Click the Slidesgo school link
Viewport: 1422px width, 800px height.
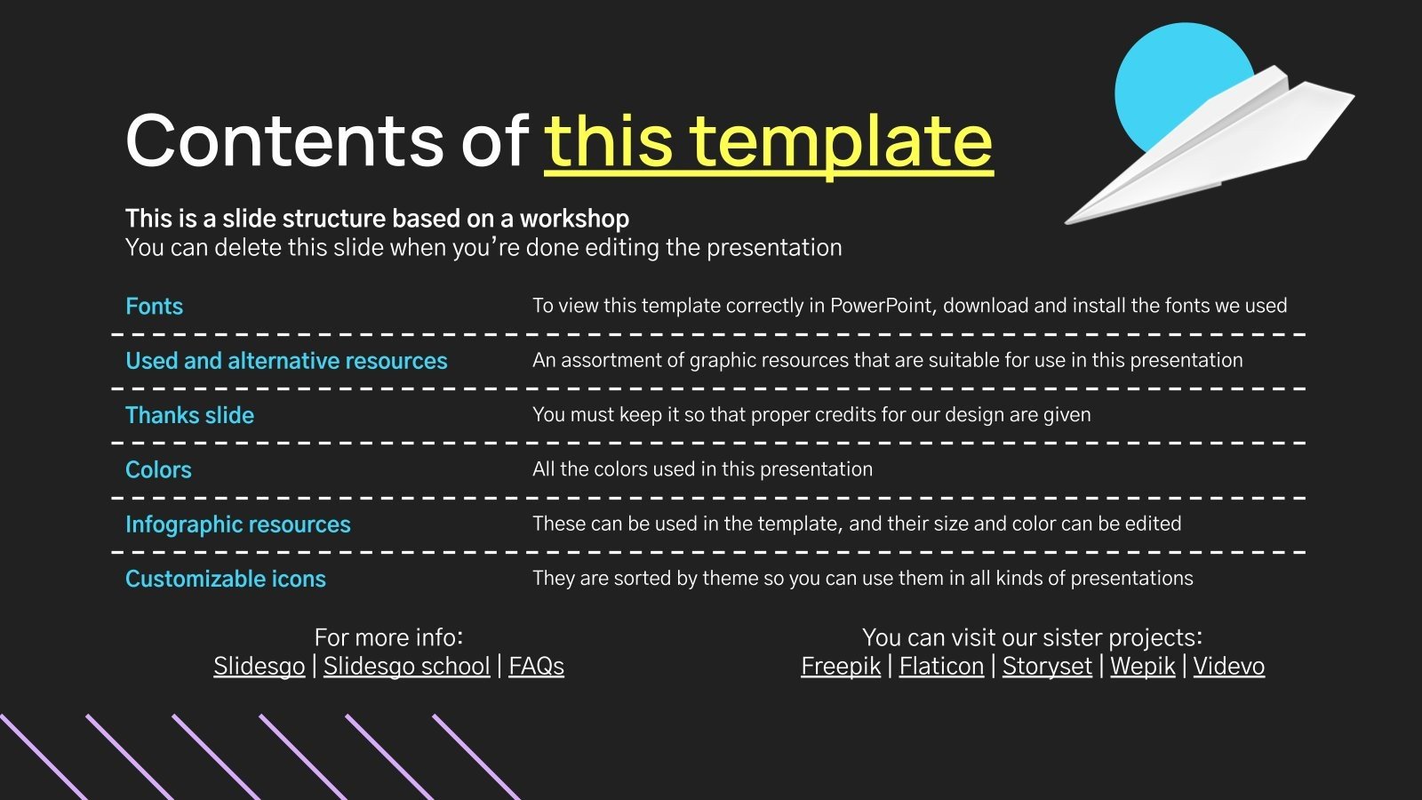406,666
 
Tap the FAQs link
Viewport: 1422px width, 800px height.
536,666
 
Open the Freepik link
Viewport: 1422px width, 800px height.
840,666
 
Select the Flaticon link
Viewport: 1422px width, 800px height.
941,666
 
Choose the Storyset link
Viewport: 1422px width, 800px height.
1047,666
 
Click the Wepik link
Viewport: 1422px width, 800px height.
1142,666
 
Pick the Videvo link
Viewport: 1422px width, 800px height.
1228,666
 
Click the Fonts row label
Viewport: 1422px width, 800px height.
154,307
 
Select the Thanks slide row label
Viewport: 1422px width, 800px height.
189,415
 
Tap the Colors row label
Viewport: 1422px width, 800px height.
158,469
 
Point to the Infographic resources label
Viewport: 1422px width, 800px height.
237,524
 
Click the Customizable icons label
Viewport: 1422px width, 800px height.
225,579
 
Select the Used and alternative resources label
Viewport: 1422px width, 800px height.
286,361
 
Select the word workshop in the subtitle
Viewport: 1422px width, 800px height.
574,219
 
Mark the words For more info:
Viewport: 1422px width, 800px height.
388,637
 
